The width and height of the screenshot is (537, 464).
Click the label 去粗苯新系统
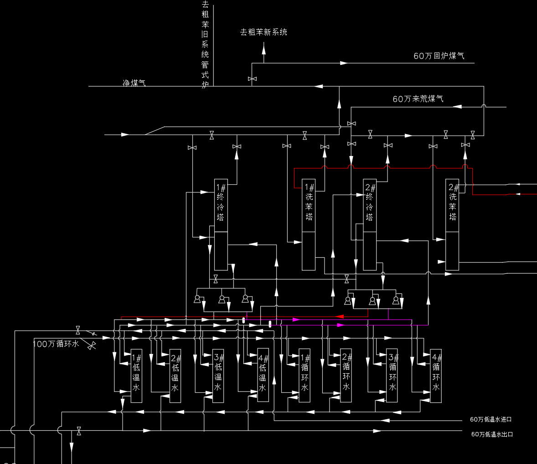point(264,32)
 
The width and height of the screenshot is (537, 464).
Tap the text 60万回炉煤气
point(439,56)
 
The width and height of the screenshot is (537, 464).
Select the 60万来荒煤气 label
point(418,99)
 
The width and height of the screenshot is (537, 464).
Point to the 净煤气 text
point(134,83)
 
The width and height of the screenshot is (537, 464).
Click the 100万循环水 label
point(56,344)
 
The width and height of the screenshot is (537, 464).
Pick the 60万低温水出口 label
point(492,434)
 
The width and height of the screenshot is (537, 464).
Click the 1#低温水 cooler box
point(136,376)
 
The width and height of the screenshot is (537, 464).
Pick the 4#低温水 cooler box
point(263,375)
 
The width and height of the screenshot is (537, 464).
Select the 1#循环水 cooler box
point(305,375)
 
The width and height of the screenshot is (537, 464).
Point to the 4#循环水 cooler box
point(436,375)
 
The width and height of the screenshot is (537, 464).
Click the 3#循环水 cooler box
point(392,375)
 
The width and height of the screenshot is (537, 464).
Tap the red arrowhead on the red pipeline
point(339,316)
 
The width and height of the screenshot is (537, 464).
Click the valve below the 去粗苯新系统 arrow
point(252,79)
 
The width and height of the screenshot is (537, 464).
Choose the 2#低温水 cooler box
point(175,376)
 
